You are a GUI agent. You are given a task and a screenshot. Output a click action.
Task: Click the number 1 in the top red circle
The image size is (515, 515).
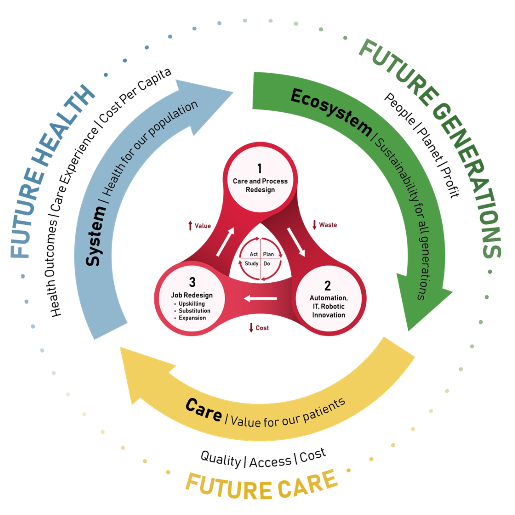coord(260,169)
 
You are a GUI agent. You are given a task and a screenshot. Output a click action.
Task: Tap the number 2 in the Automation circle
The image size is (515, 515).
coord(328,286)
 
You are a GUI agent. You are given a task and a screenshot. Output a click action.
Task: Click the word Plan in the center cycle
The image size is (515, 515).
coord(269,254)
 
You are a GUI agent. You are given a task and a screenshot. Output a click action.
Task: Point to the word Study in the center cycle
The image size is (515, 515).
coord(251,264)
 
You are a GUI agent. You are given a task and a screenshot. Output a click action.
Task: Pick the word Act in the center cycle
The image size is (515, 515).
coord(254,254)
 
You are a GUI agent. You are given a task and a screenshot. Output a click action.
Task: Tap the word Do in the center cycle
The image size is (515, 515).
coord(267,264)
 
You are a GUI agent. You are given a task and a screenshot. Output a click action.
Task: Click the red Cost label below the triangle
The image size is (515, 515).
coord(259,328)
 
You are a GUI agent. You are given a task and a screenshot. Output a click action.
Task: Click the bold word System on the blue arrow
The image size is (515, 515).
coord(96,236)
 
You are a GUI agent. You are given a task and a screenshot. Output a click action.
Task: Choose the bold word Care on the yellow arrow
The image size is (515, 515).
coord(203,410)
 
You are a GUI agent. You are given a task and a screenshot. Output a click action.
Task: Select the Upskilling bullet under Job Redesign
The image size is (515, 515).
coord(191,304)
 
